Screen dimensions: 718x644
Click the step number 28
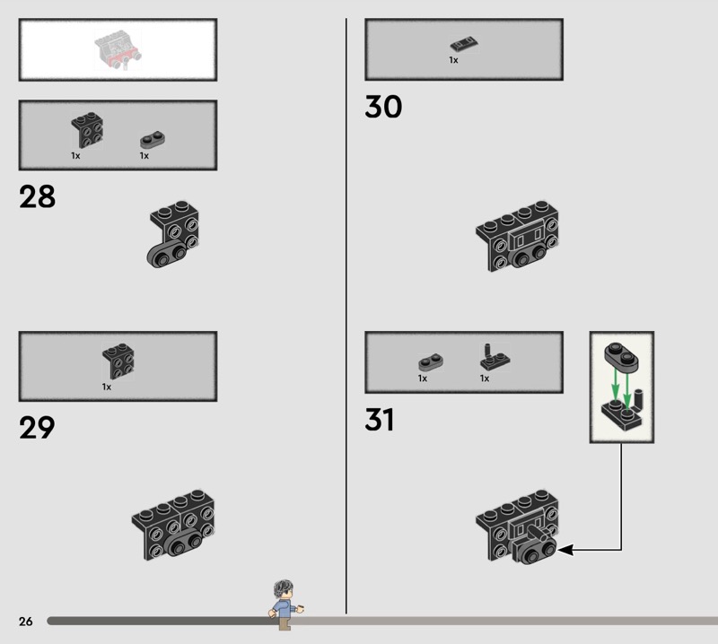pyautogui.click(x=37, y=196)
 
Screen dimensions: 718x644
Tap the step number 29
pyautogui.click(x=37, y=428)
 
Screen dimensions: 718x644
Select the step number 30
pyautogui.click(x=383, y=107)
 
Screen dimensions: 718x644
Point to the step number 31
pyautogui.click(x=379, y=420)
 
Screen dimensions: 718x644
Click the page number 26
pyautogui.click(x=26, y=621)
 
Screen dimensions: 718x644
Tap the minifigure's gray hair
pyautogui.click(x=283, y=587)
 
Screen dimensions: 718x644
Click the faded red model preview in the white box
pyautogui.click(x=118, y=49)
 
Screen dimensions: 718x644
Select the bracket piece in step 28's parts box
pyautogui.click(x=87, y=130)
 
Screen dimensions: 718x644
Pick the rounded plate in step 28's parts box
pyautogui.click(x=153, y=140)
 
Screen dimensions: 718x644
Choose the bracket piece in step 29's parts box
pyautogui.click(x=118, y=361)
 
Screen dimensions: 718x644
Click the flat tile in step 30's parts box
pyautogui.click(x=464, y=45)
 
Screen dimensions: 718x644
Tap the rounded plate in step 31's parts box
pyautogui.click(x=431, y=362)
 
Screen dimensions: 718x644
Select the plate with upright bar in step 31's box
pyautogui.click(x=495, y=358)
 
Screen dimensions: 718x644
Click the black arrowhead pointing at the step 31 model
pyautogui.click(x=566, y=550)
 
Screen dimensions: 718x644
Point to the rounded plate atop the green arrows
pyautogui.click(x=621, y=356)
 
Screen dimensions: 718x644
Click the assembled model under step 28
pyautogui.click(x=173, y=234)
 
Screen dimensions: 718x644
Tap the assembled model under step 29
pyautogui.click(x=173, y=526)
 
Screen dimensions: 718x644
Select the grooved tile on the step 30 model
pyautogui.click(x=527, y=237)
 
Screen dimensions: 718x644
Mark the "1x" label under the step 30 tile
pyautogui.click(x=453, y=60)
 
